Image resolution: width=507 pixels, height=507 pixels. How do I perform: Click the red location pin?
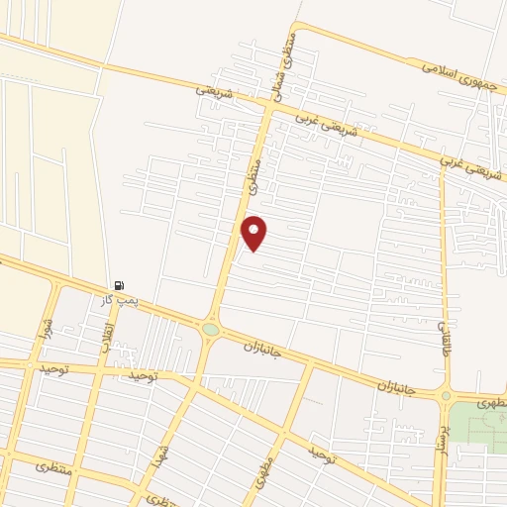[254, 233]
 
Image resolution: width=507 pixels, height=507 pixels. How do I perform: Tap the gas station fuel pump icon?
[120, 285]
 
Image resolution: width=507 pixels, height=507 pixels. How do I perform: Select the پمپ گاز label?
[120, 299]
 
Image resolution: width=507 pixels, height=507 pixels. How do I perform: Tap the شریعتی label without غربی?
[215, 90]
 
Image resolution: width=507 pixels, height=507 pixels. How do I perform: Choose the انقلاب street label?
[108, 327]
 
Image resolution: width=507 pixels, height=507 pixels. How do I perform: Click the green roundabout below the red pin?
[210, 330]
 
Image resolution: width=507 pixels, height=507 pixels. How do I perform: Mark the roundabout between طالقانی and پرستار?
[445, 396]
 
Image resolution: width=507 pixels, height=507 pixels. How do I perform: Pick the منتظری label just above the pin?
[254, 177]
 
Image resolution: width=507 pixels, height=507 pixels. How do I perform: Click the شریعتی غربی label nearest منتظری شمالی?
[320, 124]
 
